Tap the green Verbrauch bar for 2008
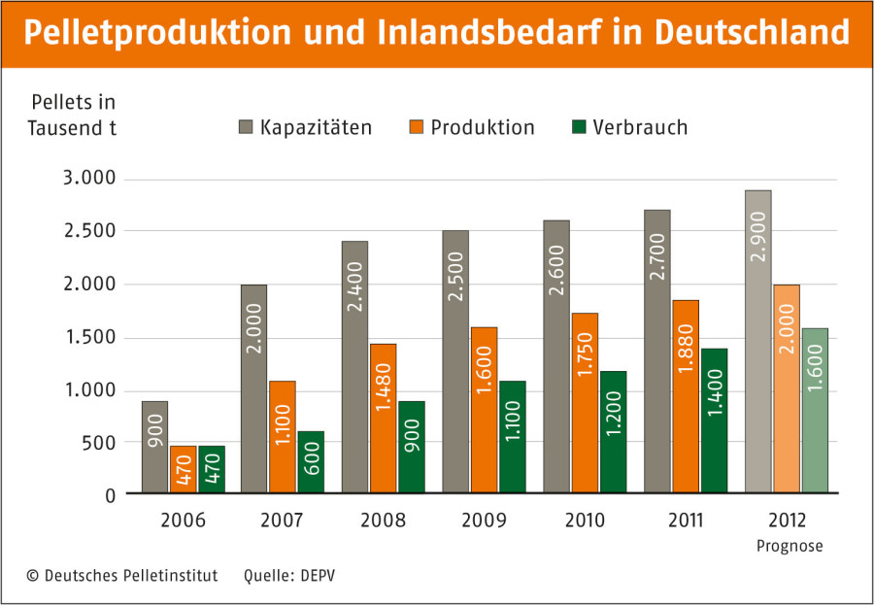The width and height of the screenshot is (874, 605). click(411, 447)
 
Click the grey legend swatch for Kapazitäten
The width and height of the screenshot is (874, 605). click(246, 128)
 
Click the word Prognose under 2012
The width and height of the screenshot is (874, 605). click(789, 546)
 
